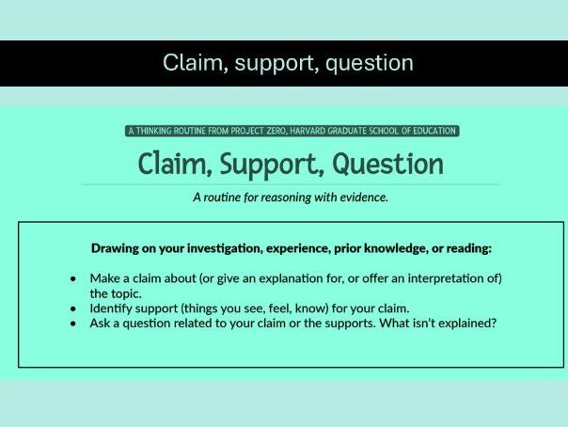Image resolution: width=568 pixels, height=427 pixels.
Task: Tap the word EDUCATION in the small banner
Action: tap(434, 131)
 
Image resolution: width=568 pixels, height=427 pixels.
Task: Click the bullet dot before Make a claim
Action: tap(73, 279)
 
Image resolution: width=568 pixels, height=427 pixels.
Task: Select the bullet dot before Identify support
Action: tap(73, 308)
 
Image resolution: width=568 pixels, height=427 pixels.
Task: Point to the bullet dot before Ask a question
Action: tap(73, 324)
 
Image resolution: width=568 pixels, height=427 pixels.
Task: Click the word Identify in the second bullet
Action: tap(113, 308)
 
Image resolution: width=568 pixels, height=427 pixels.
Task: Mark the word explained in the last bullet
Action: tap(465, 324)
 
